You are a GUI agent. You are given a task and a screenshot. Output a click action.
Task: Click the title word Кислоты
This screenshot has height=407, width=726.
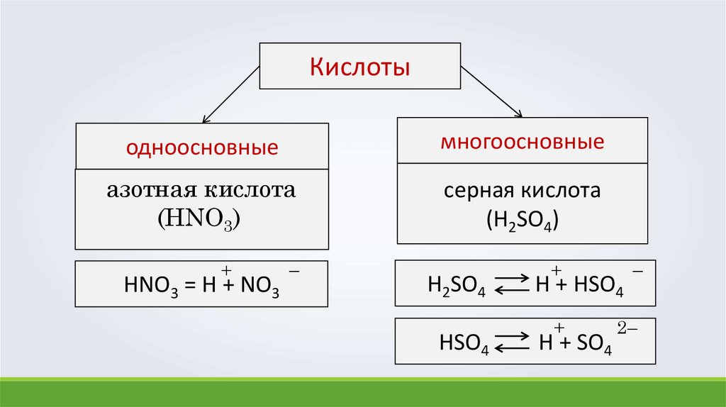pos(361,69)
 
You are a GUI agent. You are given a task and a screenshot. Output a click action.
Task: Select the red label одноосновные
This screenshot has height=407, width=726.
pos(201,149)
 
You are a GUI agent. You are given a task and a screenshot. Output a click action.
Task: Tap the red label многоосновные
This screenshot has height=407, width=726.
pos(523,142)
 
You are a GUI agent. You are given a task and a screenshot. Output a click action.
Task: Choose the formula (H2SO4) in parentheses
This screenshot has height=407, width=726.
pos(523,219)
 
